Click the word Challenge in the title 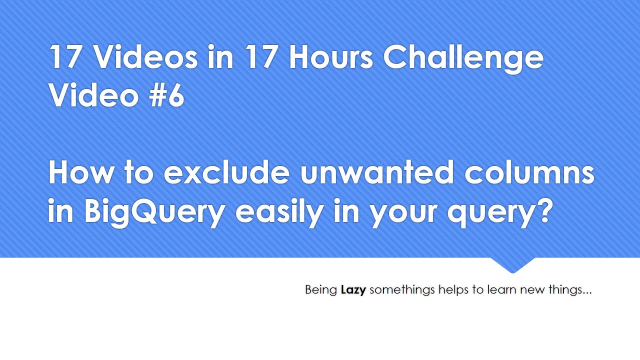[x=463, y=58]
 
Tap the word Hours [x=330, y=57]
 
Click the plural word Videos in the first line [x=145, y=57]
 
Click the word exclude [x=226, y=173]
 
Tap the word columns [x=529, y=173]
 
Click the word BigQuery [x=154, y=212]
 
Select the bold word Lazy [x=353, y=290]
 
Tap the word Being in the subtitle [x=320, y=290]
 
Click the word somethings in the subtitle [x=402, y=290]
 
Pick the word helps [x=453, y=290]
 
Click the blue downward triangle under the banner [x=512, y=264]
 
